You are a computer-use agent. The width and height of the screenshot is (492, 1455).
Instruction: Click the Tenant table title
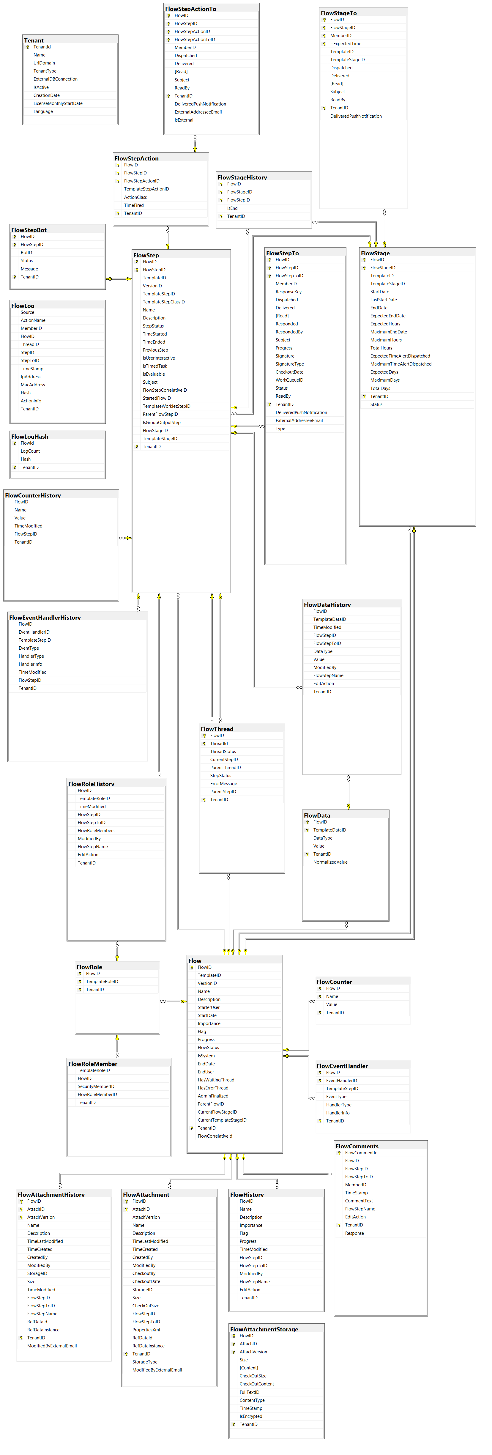(x=34, y=41)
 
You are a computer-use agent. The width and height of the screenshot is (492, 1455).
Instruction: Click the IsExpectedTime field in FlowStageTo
(x=346, y=43)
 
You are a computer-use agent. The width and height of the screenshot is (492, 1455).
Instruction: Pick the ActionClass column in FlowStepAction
(x=135, y=197)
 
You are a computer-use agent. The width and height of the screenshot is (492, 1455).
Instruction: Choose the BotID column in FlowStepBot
(x=26, y=253)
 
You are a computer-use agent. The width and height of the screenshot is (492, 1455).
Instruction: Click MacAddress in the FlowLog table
(x=33, y=385)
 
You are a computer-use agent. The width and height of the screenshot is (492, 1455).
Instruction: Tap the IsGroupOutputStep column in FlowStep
(x=162, y=423)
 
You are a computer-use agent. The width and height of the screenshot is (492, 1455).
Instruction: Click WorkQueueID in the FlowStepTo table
(x=289, y=380)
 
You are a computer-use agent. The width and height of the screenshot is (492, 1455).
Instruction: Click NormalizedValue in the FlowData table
(x=330, y=862)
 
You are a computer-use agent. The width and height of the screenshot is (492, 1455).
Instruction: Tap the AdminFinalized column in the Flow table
(x=213, y=1096)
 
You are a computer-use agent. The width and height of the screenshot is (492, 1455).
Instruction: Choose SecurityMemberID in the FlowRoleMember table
(x=96, y=1086)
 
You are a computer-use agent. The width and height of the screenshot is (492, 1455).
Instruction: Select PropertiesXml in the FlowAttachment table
(x=146, y=1330)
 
